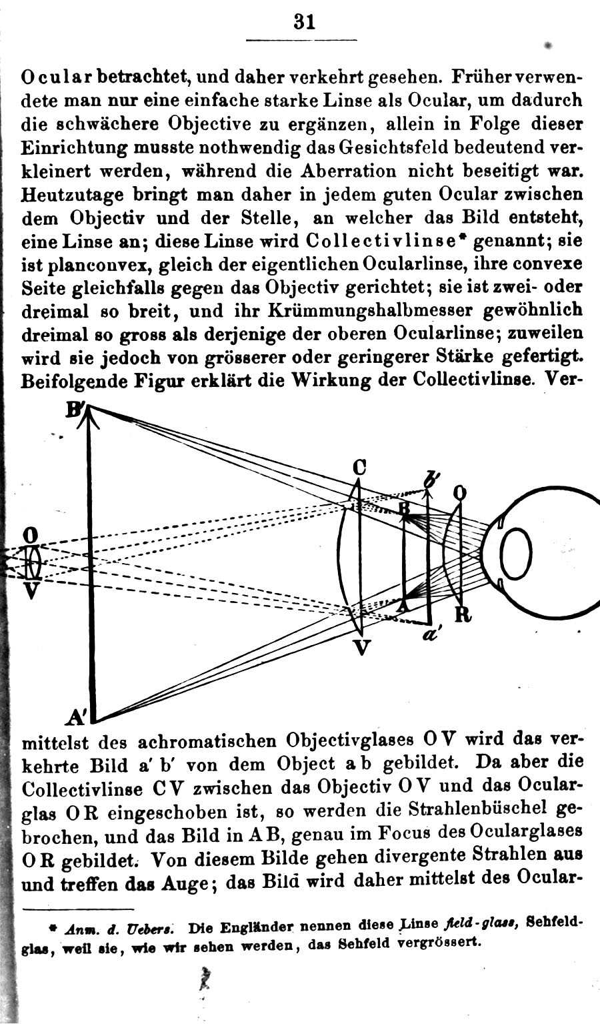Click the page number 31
[303, 21]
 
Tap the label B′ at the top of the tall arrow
[73, 409]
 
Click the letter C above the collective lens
[360, 468]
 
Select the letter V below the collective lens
[361, 646]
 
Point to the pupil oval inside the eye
[516, 554]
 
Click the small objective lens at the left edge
[31, 562]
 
